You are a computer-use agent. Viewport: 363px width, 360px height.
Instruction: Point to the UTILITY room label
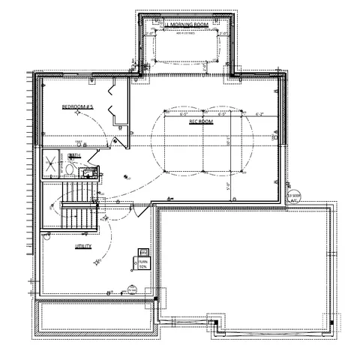click(x=82, y=245)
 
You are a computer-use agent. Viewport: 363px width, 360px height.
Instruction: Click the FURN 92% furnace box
click(x=142, y=262)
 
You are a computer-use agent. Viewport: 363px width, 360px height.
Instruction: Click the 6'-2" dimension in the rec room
click(x=261, y=115)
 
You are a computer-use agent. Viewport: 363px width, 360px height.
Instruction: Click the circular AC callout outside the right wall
click(x=293, y=196)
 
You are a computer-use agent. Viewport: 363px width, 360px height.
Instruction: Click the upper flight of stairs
click(x=79, y=190)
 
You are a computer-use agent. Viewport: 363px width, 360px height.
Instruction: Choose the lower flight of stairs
click(x=79, y=218)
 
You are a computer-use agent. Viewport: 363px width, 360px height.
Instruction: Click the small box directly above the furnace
click(x=142, y=251)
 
